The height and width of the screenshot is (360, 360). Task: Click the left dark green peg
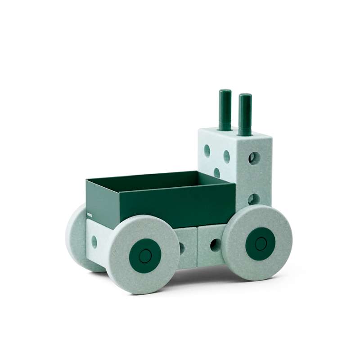[225, 110]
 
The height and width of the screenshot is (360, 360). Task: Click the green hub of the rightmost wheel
[261, 243]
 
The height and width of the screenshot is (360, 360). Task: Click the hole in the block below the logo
[94, 241]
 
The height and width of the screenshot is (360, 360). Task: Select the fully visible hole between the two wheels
[215, 245]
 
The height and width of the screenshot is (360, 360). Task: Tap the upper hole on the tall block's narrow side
[254, 157]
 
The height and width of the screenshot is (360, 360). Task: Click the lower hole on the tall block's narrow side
[253, 199]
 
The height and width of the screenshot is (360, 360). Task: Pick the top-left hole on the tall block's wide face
[207, 150]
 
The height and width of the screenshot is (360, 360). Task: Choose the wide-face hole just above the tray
[217, 172]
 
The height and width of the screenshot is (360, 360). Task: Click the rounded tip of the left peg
[225, 92]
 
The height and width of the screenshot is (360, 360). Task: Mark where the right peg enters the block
[245, 134]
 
